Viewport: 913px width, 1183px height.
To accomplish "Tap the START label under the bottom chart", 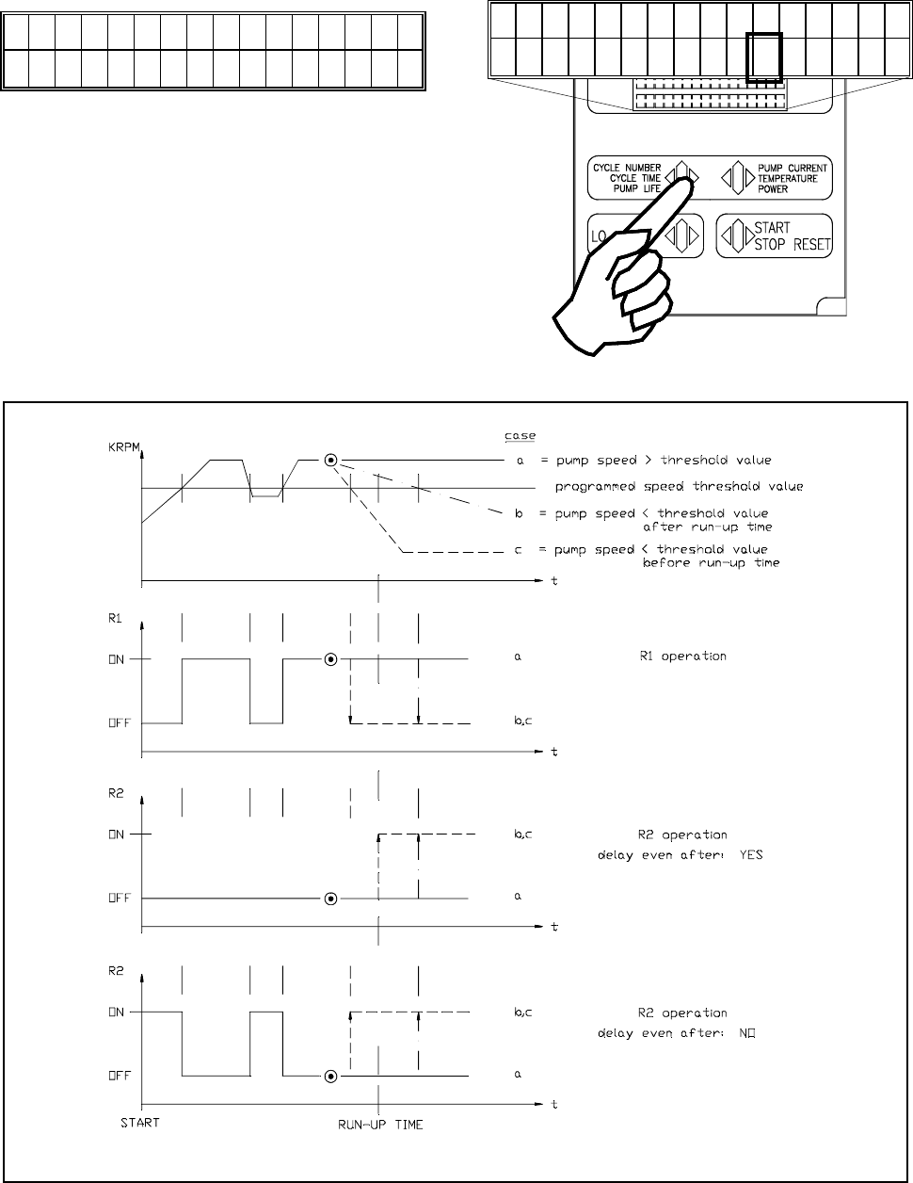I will (x=140, y=1123).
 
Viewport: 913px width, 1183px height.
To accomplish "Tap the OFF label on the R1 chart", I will (x=118, y=723).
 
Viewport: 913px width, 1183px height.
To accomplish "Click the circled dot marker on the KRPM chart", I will (x=330, y=461).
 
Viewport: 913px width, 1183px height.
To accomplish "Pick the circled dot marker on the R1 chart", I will (x=330, y=659).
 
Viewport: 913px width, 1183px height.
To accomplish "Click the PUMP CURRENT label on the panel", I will (x=793, y=168).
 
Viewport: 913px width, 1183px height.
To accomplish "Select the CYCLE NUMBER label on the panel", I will (x=628, y=168).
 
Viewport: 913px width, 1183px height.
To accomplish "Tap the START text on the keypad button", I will (x=772, y=228).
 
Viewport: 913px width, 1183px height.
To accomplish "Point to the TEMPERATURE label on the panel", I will (x=788, y=178).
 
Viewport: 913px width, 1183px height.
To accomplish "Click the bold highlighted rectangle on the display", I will (x=763, y=57).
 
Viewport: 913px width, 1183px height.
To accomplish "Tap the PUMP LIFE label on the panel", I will (x=636, y=188).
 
